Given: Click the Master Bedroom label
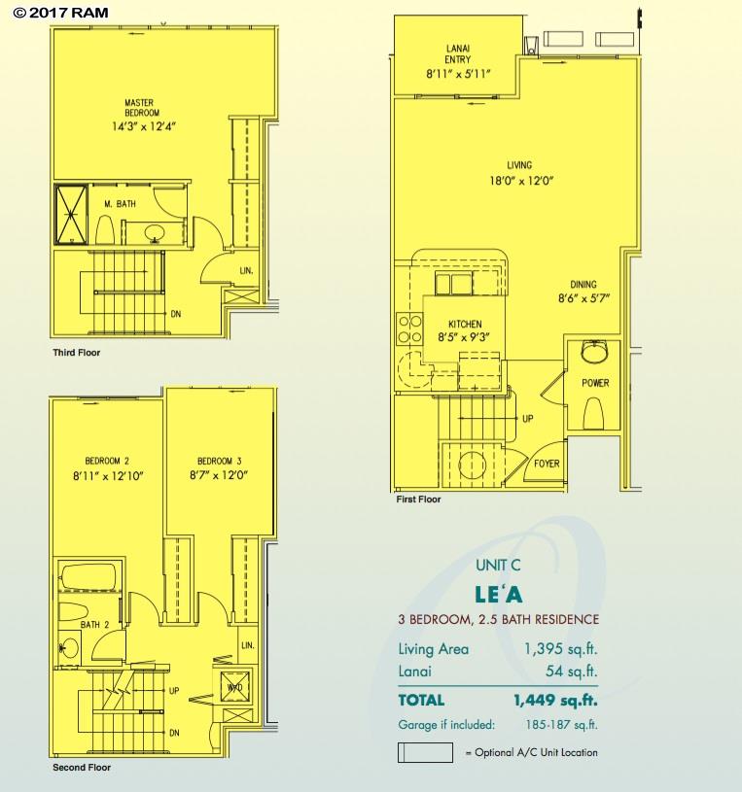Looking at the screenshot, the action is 142,108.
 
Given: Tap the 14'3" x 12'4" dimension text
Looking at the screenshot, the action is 144,126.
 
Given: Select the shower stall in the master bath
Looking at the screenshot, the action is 71,215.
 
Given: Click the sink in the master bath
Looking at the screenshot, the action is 155,233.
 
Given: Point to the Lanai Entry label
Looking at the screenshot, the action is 457,53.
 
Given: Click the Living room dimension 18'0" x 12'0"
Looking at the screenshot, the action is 521,181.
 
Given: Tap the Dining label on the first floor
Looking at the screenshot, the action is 583,285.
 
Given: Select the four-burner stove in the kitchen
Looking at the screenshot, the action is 409,328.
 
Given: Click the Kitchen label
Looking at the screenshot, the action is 465,325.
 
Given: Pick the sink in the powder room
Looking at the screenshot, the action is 594,352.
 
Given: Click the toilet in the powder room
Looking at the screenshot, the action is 594,413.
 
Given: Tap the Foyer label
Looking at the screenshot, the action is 547,464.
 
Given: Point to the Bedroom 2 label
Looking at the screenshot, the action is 107,461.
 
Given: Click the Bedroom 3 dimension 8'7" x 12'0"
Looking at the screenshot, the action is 219,475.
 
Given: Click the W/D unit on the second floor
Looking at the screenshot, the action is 234,687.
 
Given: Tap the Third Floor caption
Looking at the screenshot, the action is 76,353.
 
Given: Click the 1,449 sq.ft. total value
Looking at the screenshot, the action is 555,701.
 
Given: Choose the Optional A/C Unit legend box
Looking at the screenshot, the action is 425,752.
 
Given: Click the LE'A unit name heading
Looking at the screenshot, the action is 498,595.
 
